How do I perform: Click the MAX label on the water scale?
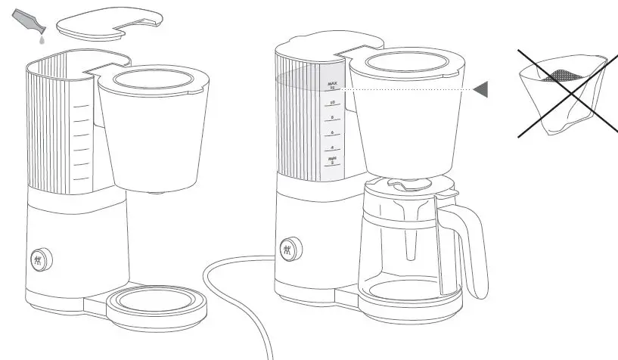point(331,85)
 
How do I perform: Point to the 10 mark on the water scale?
point(332,102)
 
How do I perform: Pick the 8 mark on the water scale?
point(332,117)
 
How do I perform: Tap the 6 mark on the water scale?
point(332,132)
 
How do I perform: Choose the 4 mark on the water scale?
point(332,147)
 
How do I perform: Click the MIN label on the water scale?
point(332,160)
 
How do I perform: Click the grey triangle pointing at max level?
point(480,90)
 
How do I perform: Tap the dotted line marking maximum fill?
point(408,90)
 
